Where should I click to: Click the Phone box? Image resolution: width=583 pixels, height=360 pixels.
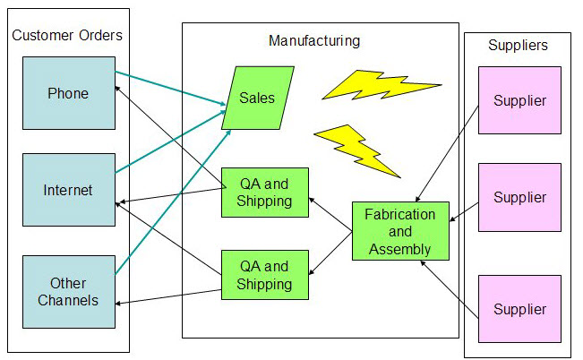[x=68, y=93]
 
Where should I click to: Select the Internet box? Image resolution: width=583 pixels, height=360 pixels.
[x=68, y=190]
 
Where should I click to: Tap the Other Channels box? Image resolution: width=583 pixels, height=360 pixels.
[x=68, y=290]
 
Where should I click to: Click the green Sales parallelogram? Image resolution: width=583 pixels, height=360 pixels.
[x=257, y=98]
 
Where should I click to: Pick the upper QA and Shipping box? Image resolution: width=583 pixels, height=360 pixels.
[x=264, y=193]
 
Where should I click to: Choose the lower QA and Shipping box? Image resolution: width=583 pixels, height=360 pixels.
[x=264, y=275]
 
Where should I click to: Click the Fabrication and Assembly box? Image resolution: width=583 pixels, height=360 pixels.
[x=399, y=232]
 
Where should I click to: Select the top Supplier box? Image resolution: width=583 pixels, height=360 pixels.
[x=519, y=100]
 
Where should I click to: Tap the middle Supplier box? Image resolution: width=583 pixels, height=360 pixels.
[x=519, y=197]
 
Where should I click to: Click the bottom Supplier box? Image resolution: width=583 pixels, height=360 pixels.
[x=519, y=309]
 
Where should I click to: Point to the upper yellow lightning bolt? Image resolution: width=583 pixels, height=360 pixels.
[x=380, y=86]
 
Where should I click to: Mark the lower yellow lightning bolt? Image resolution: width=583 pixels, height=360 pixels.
[x=356, y=148]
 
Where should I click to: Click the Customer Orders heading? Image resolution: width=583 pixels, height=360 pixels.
[x=67, y=35]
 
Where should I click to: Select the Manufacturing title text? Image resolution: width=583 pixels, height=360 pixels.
[x=314, y=41]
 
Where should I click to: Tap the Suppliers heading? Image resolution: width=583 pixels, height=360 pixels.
[x=518, y=45]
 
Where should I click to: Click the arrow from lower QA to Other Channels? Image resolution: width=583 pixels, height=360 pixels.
[x=170, y=296]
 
